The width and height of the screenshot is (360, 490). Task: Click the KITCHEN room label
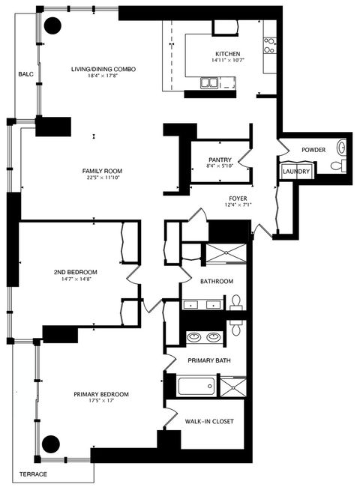(227, 55)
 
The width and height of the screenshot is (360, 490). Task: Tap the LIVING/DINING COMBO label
(103, 70)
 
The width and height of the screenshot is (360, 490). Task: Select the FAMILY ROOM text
(101, 172)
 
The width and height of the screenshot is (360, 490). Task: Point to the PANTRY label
(220, 160)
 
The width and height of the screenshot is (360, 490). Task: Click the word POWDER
(313, 150)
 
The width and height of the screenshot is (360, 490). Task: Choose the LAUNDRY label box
(295, 172)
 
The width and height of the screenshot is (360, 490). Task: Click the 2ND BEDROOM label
(76, 271)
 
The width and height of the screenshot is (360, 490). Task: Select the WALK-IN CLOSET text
(209, 422)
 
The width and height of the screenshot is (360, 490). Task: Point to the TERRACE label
(33, 475)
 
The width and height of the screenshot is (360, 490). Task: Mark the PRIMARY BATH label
(209, 360)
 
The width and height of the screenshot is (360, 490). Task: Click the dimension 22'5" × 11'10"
(101, 178)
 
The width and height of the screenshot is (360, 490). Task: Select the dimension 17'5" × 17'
(101, 402)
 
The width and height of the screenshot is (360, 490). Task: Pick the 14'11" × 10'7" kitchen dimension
(227, 61)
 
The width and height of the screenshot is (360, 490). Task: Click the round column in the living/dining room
(53, 25)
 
